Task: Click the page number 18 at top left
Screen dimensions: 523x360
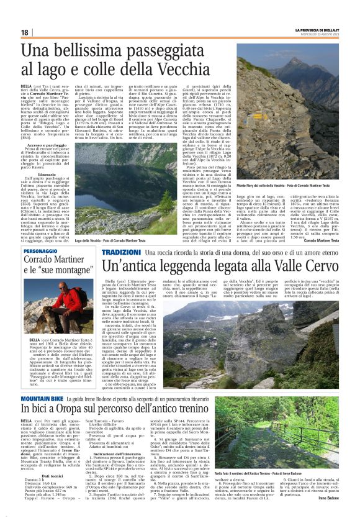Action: point(25,32)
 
